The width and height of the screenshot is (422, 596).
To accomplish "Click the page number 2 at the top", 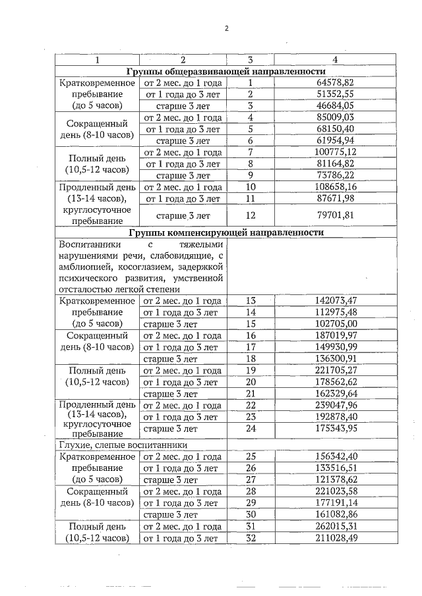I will [x=226, y=28].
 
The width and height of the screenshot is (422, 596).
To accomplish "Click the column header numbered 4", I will [x=335, y=60].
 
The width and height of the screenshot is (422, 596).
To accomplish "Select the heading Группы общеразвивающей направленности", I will [x=226, y=71].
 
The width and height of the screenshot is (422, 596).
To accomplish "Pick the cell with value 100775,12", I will [x=336, y=152].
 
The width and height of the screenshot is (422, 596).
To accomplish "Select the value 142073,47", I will [x=336, y=300].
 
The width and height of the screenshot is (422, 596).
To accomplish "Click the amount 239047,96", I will [x=336, y=405].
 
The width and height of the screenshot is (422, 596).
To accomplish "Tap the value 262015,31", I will [x=336, y=526].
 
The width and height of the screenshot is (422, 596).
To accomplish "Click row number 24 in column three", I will [x=251, y=429].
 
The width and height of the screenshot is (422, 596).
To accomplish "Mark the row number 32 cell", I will [x=251, y=538].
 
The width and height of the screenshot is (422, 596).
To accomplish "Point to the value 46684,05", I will [x=336, y=105].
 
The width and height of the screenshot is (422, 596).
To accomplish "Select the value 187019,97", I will [x=336, y=335].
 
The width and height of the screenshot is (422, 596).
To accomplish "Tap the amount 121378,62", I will [x=336, y=480].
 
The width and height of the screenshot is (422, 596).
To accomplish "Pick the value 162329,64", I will [x=336, y=393].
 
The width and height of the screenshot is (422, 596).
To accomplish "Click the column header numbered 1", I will [x=97, y=60].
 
